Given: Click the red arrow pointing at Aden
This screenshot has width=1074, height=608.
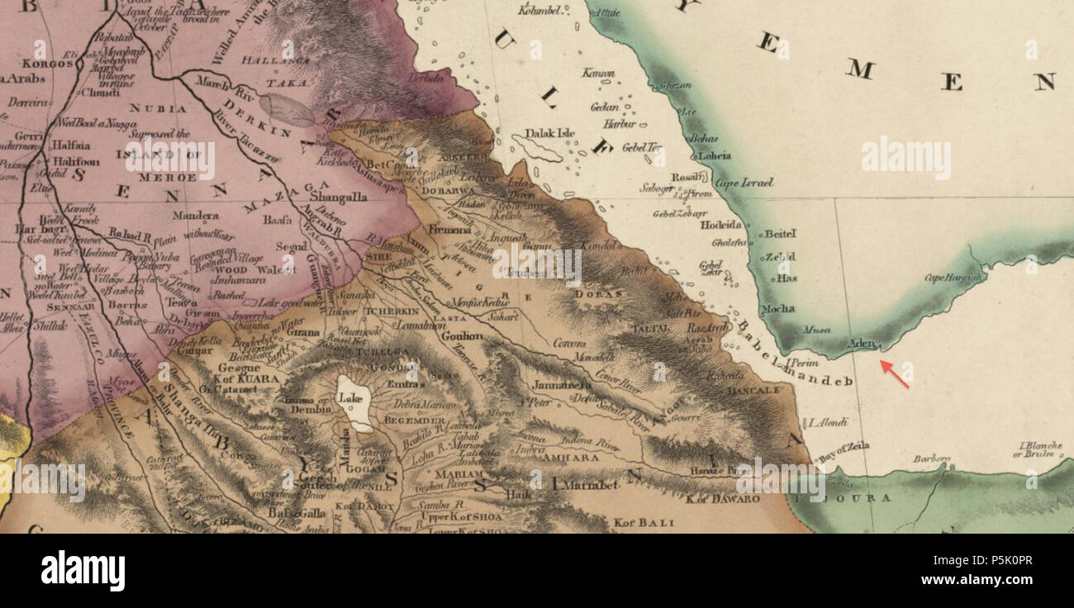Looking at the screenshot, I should (x=895, y=374).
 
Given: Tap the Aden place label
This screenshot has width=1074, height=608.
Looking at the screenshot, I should (x=862, y=343).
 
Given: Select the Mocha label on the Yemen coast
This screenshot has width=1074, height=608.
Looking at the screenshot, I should (x=777, y=309).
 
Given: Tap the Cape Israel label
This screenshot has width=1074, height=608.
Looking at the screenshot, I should (x=744, y=183).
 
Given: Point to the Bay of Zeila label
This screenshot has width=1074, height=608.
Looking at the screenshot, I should (x=844, y=449).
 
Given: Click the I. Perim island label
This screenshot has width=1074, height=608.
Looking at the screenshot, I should (x=802, y=363).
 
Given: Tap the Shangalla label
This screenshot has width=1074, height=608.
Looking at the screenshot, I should (x=339, y=197).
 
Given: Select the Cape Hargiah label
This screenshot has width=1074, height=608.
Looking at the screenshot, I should (x=953, y=278).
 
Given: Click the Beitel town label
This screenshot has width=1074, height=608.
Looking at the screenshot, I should (x=780, y=234).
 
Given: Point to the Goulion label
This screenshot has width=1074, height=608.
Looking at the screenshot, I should (x=462, y=336).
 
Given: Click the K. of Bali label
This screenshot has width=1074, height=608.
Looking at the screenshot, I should (x=644, y=522).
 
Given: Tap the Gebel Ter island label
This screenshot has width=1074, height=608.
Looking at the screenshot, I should (x=643, y=148).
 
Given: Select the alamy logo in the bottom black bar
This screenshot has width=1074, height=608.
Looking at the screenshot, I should (x=83, y=571).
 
